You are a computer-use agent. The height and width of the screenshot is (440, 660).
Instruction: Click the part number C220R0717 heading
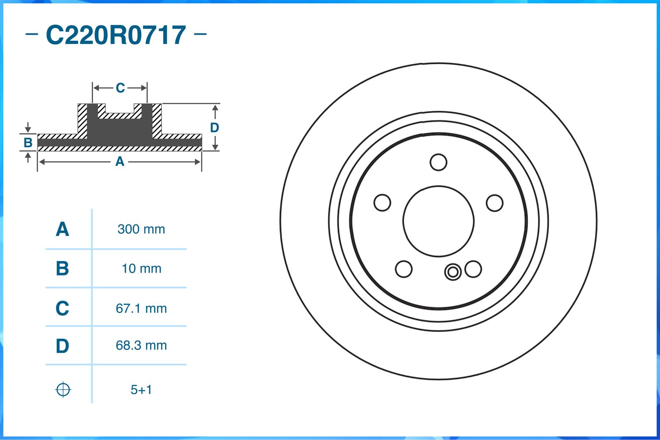pyautogui.click(x=116, y=35)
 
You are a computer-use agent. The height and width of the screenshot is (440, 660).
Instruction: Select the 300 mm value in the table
pyautogui.click(x=141, y=229)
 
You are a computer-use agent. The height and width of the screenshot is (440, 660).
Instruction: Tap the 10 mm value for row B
pyautogui.click(x=141, y=269)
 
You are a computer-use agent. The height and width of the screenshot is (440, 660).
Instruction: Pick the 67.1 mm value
pyautogui.click(x=141, y=308)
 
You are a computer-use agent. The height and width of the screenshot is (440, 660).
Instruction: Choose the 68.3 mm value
pyautogui.click(x=141, y=345)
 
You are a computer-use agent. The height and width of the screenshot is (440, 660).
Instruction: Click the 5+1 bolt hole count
pyautogui.click(x=141, y=390)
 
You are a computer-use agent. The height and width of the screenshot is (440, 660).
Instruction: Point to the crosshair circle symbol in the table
pyautogui.click(x=63, y=389)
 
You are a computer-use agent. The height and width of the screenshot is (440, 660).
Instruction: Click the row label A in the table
pyautogui.click(x=62, y=229)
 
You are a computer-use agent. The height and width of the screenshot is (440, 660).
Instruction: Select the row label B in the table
pyautogui.click(x=62, y=269)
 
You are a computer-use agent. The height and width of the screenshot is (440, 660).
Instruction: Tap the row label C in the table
pyautogui.click(x=62, y=308)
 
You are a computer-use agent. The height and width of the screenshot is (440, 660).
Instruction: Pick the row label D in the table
pyautogui.click(x=62, y=346)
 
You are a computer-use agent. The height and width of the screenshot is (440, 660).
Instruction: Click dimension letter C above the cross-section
pyautogui.click(x=120, y=88)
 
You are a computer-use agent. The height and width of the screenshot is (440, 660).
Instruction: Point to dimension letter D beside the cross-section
pyautogui.click(x=214, y=127)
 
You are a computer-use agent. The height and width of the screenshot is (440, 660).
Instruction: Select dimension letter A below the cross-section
pyautogui.click(x=120, y=162)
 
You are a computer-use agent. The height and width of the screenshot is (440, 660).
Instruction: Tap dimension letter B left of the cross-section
pyautogui.click(x=28, y=142)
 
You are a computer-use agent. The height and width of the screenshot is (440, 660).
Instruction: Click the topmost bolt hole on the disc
pyautogui.click(x=438, y=162)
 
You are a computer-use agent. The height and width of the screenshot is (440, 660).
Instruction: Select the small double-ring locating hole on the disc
pyautogui.click(x=453, y=272)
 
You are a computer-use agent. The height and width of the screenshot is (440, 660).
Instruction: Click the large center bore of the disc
pyautogui.click(x=438, y=221)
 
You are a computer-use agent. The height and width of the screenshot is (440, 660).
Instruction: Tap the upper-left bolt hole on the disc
pyautogui.click(x=382, y=203)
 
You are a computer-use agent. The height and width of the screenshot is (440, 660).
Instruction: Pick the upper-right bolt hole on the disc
pyautogui.click(x=495, y=203)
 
